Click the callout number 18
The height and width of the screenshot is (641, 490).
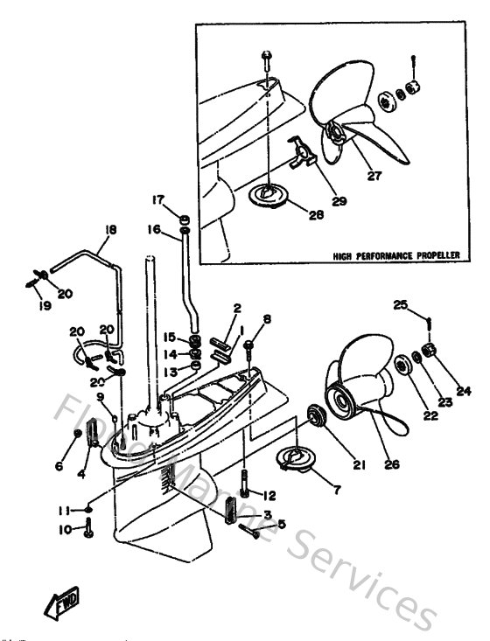pyautogui.click(x=109, y=231)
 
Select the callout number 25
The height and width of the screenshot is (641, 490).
pyautogui.click(x=400, y=304)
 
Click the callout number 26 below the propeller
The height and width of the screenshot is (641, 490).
pyautogui.click(x=391, y=464)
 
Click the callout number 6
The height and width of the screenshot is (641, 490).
pyautogui.click(x=59, y=467)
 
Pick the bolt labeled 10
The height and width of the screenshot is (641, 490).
pyautogui.click(x=88, y=529)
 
